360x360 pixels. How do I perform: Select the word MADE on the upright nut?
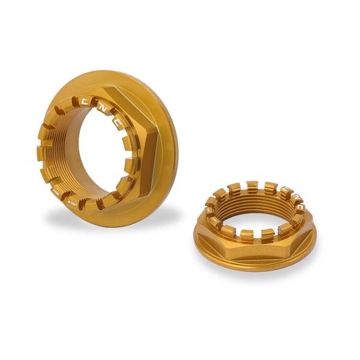point(56,192)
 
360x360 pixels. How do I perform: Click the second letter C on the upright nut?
point(119,124)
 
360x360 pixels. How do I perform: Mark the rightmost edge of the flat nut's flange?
point(316,240)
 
